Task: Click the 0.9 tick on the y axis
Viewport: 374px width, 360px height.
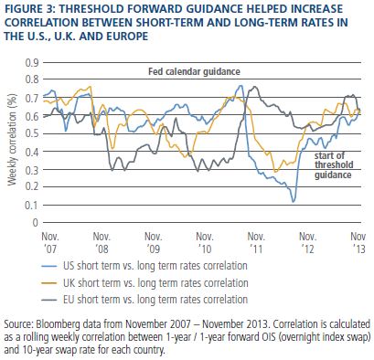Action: tap(32, 63)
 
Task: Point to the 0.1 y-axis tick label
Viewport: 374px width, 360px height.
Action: tap(32, 205)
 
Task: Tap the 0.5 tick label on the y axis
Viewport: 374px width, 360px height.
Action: tap(32, 134)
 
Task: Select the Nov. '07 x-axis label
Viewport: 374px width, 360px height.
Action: tap(50, 242)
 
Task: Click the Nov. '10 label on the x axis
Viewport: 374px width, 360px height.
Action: tap(205, 242)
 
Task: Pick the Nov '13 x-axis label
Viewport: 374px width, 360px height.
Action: tap(358, 242)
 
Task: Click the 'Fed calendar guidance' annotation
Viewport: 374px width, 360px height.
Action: tap(194, 71)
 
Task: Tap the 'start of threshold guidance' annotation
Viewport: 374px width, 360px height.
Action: tap(334, 165)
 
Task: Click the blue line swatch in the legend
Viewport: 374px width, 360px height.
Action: tap(48, 266)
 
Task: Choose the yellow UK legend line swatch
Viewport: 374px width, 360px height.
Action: tap(48, 283)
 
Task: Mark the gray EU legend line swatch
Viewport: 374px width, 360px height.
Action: tap(48, 300)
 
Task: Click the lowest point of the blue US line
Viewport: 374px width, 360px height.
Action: tap(294, 202)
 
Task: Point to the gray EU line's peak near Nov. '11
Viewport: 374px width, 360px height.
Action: tap(255, 87)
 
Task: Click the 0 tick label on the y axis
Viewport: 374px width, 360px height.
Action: tap(36, 223)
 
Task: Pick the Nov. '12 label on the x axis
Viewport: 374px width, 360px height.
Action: tap(307, 242)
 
